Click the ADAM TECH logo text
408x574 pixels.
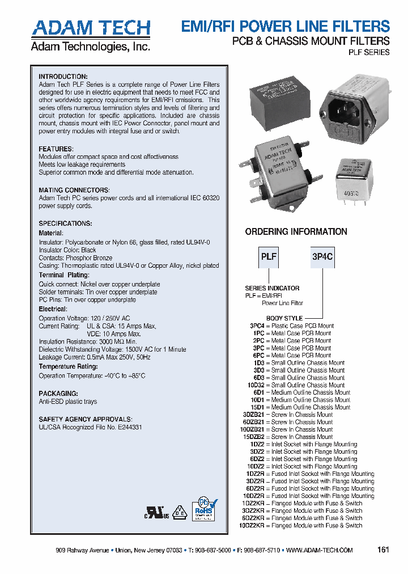coord(91,28)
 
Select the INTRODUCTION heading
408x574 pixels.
coord(63,77)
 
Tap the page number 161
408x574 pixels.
coord(384,550)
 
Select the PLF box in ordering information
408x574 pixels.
coord(269,256)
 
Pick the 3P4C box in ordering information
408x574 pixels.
coord(322,256)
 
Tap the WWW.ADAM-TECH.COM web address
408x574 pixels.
coord(319,550)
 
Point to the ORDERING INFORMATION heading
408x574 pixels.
coord(296,231)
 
